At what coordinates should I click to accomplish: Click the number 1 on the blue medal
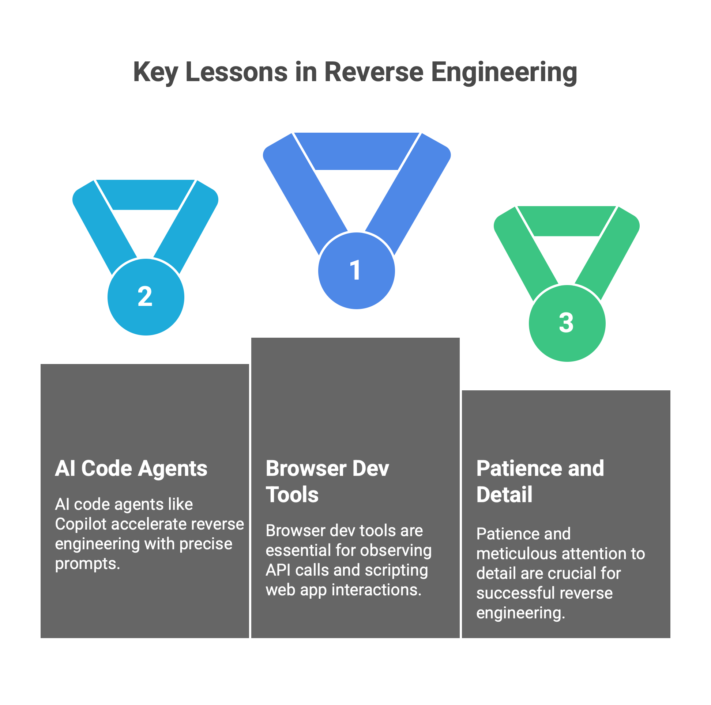355,270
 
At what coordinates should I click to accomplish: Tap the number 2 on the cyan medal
145,296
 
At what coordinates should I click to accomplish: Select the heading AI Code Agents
131,468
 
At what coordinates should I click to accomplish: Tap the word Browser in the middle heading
305,468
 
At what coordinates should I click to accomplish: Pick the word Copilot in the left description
80,524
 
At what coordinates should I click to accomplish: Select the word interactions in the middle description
376,590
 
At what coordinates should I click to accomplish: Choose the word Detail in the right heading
504,494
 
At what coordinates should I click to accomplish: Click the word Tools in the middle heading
292,494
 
